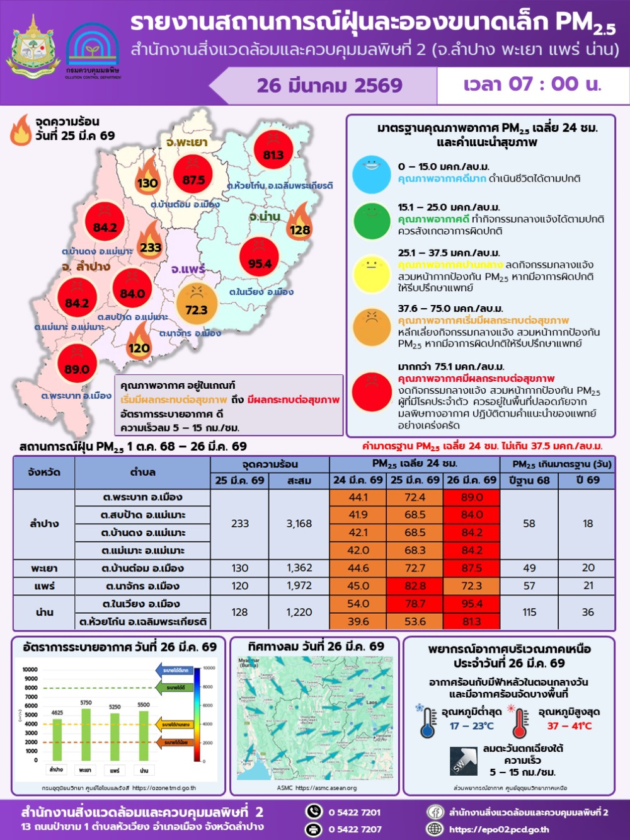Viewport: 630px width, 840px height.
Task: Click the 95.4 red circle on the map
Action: [260, 256]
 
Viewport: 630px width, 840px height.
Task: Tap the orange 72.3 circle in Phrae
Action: [197, 303]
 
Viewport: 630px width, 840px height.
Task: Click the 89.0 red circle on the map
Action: [77, 364]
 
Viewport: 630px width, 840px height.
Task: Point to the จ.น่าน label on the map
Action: [265, 216]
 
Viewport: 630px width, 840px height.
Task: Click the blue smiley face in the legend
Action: [372, 175]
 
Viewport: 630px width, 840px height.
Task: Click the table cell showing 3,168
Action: [299, 524]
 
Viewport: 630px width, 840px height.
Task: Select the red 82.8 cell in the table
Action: [415, 586]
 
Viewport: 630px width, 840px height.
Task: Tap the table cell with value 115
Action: [529, 612]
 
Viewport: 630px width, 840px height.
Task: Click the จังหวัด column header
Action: [44, 473]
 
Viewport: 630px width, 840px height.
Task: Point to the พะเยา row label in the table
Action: [44, 568]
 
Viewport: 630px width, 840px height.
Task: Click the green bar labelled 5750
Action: [86, 734]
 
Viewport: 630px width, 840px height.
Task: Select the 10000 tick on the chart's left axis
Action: [30, 670]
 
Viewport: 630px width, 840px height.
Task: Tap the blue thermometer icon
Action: [428, 721]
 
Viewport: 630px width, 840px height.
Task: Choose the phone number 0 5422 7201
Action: [355, 812]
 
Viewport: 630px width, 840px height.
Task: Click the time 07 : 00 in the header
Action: [533, 84]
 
